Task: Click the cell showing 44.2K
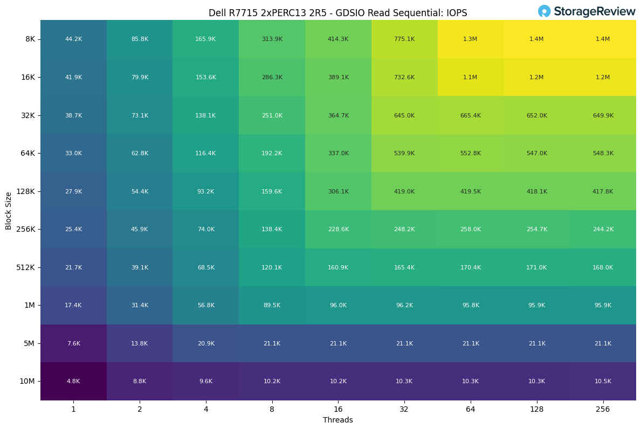tap(73, 39)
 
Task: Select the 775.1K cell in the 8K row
tap(404, 39)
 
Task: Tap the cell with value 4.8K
tap(73, 382)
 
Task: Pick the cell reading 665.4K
tap(470, 115)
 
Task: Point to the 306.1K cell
tap(338, 191)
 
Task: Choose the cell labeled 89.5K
tap(272, 306)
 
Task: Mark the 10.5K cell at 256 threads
tap(603, 382)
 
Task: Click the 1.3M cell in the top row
tap(470, 39)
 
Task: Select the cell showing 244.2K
tap(603, 230)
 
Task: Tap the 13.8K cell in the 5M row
tap(140, 343)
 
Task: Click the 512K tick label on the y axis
tap(25, 267)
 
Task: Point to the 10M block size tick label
tap(27, 382)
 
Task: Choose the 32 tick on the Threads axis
tap(404, 410)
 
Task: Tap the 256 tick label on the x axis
tap(603, 410)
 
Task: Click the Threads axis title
tap(338, 420)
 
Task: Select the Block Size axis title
tap(9, 210)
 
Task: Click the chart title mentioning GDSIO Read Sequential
tap(338, 13)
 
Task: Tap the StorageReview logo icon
tap(544, 11)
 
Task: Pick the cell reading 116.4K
tap(205, 154)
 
